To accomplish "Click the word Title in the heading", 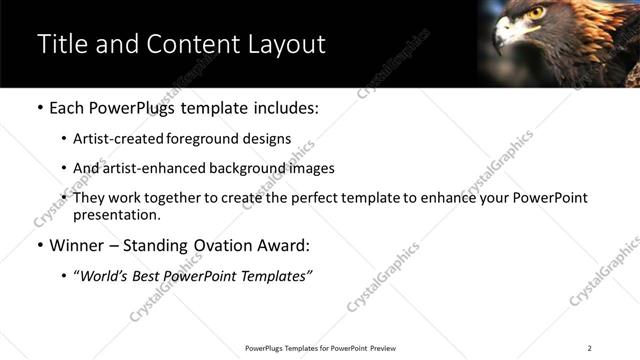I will [x=62, y=44].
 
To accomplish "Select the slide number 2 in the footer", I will [x=589, y=348].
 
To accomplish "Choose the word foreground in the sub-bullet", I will [x=235, y=139].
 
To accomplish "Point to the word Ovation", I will [x=210, y=245].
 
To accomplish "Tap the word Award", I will [x=276, y=245].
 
